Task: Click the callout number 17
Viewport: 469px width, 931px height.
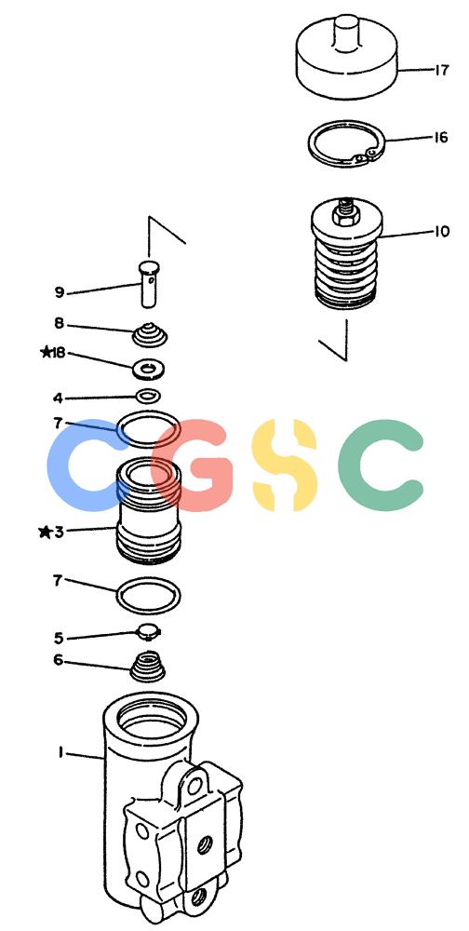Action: coord(441,70)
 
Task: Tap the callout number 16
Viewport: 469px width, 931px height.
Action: coord(440,138)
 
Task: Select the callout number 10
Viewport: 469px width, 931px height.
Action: coord(442,231)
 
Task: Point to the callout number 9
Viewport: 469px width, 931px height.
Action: coord(60,292)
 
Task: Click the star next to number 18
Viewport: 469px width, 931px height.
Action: coord(46,353)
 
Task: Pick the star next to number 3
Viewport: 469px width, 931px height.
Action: coord(45,532)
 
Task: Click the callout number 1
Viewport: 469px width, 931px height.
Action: coord(60,752)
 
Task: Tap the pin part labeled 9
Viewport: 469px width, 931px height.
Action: coord(150,284)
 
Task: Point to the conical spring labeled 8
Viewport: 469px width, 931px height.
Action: coord(150,334)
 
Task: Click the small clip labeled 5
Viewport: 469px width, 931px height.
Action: coord(148,632)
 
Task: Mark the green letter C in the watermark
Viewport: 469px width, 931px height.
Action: coord(382,465)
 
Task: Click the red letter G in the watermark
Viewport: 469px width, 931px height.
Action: coord(189,465)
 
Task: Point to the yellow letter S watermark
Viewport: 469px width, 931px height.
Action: coord(284,465)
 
